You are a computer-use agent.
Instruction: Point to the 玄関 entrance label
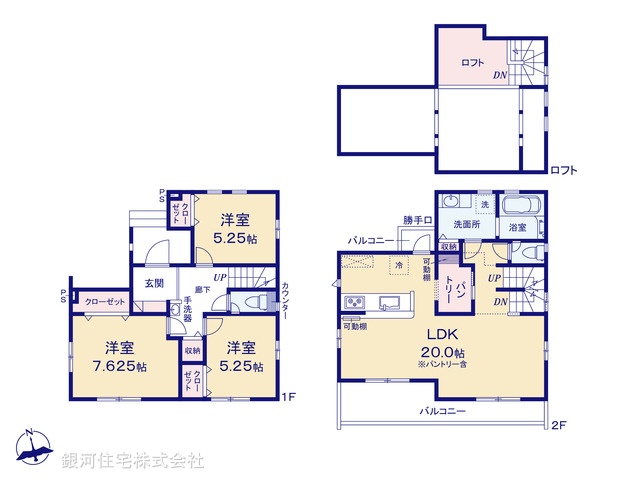tap(154, 283)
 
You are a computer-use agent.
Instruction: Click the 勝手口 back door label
tap(417, 220)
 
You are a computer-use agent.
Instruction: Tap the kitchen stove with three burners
tap(356, 303)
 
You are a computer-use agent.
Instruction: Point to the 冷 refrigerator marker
tap(398, 265)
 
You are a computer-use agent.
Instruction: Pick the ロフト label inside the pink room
tap(472, 63)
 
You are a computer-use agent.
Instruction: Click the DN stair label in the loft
tap(497, 76)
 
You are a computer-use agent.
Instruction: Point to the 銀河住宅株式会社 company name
tap(133, 461)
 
